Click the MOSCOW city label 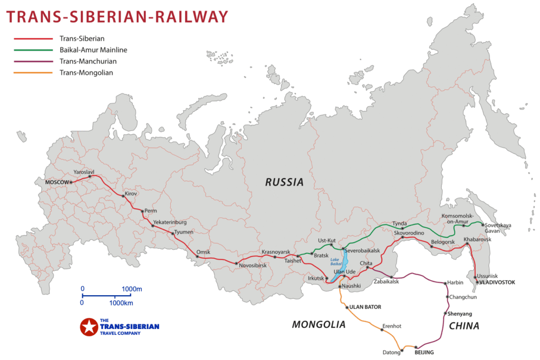[x=57, y=182]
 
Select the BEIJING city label [x=424, y=352]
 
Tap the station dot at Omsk [x=198, y=257]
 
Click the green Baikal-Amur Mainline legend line [x=33, y=50]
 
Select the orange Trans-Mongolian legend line [x=33, y=73]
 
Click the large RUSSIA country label [x=284, y=182]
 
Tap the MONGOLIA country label [x=319, y=325]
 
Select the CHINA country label [x=464, y=326]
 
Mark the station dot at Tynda [x=402, y=229]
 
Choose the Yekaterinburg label [x=170, y=222]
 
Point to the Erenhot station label [x=392, y=326]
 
